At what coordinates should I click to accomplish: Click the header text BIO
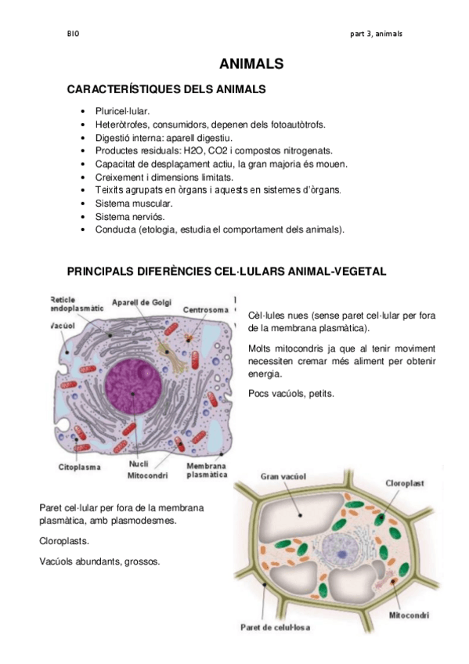74,34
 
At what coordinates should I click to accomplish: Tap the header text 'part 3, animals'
377,34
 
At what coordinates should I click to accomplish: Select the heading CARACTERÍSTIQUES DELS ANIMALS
166,90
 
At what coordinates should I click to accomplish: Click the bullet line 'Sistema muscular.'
128,203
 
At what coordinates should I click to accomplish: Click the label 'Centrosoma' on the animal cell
206,310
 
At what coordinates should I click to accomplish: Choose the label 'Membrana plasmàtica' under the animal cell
207,470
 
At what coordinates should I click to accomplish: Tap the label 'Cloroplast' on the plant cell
404,483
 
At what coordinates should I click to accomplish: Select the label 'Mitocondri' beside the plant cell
409,615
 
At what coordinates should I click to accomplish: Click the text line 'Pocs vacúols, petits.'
290,394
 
